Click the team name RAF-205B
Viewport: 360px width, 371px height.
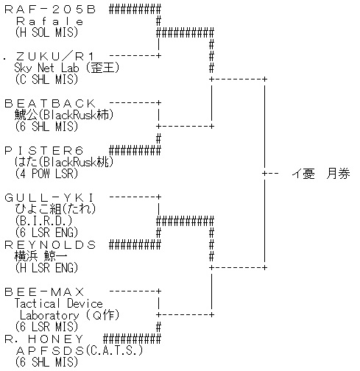pos(50,10)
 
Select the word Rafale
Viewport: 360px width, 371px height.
pos(50,21)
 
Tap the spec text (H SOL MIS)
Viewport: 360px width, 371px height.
pos(46,32)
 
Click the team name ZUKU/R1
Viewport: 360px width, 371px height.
pos(55,57)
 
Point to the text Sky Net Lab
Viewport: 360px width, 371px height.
pos(46,68)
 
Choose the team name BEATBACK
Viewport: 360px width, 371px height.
pos(50,104)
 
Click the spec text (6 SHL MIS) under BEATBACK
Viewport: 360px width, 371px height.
pos(46,127)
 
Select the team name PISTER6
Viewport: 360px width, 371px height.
pos(44,151)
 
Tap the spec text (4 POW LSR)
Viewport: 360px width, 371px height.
pos(46,174)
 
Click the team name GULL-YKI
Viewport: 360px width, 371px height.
pos(49,198)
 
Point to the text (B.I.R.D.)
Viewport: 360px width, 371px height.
pos(43,221)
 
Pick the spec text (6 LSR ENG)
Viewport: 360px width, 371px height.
pos(46,233)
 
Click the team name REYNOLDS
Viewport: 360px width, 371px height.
pos(50,245)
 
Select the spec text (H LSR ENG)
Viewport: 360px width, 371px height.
pos(46,268)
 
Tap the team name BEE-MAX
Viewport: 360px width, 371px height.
pos(44,292)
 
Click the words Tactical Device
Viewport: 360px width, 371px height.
pos(58,303)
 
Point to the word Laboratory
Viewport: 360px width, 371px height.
pos(49,315)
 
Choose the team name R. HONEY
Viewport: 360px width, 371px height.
pos(44,339)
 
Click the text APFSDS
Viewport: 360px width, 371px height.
pos(50,351)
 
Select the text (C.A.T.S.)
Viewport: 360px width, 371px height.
pos(114,350)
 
